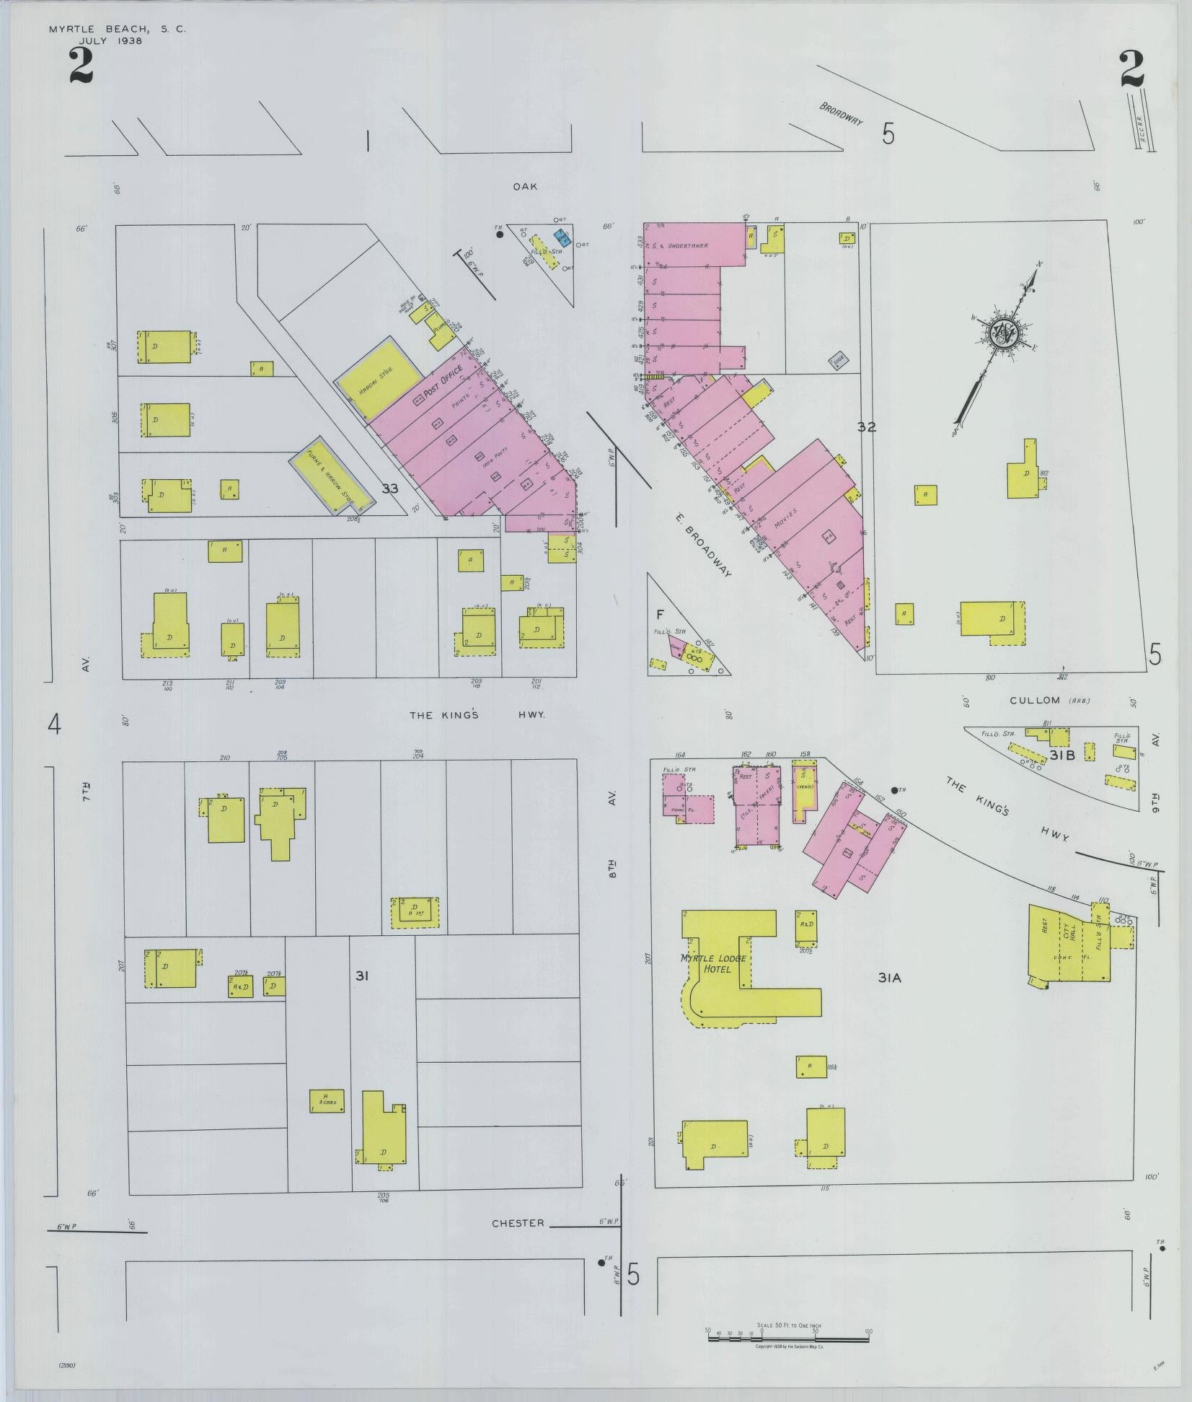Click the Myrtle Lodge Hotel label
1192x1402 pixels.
click(712, 963)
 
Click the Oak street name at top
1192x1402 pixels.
click(525, 186)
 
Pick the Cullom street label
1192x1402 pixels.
click(1035, 700)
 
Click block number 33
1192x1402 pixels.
click(390, 489)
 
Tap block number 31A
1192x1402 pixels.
click(890, 978)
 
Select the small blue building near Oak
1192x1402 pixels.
click(562, 237)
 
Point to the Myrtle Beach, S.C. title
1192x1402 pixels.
click(117, 30)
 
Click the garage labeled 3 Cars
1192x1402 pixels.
click(327, 1100)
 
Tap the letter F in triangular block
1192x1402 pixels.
click(659, 614)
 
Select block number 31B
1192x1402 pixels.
click(1062, 755)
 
